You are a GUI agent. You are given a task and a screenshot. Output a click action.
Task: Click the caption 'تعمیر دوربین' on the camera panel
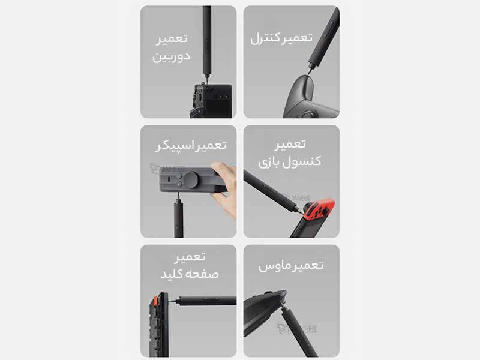(172, 48)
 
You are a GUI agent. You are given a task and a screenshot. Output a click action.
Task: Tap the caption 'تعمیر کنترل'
(281, 38)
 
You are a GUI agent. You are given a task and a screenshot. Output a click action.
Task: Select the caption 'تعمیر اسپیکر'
(191, 145)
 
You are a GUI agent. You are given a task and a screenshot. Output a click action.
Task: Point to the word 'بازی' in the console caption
(269, 162)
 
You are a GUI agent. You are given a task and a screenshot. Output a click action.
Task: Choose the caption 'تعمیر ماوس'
(291, 265)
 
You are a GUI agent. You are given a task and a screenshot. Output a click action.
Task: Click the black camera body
(211, 101)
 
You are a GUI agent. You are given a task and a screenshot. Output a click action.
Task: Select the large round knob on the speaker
(191, 179)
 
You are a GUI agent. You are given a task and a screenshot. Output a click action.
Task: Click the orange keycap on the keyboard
(155, 301)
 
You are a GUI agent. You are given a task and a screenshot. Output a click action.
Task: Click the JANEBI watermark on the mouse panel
(297, 328)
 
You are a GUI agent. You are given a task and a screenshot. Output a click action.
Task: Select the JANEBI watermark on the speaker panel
(167, 169)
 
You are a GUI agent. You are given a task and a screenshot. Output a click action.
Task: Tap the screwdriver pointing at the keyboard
(203, 301)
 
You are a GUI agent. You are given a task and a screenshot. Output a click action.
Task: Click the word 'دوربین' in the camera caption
(172, 57)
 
